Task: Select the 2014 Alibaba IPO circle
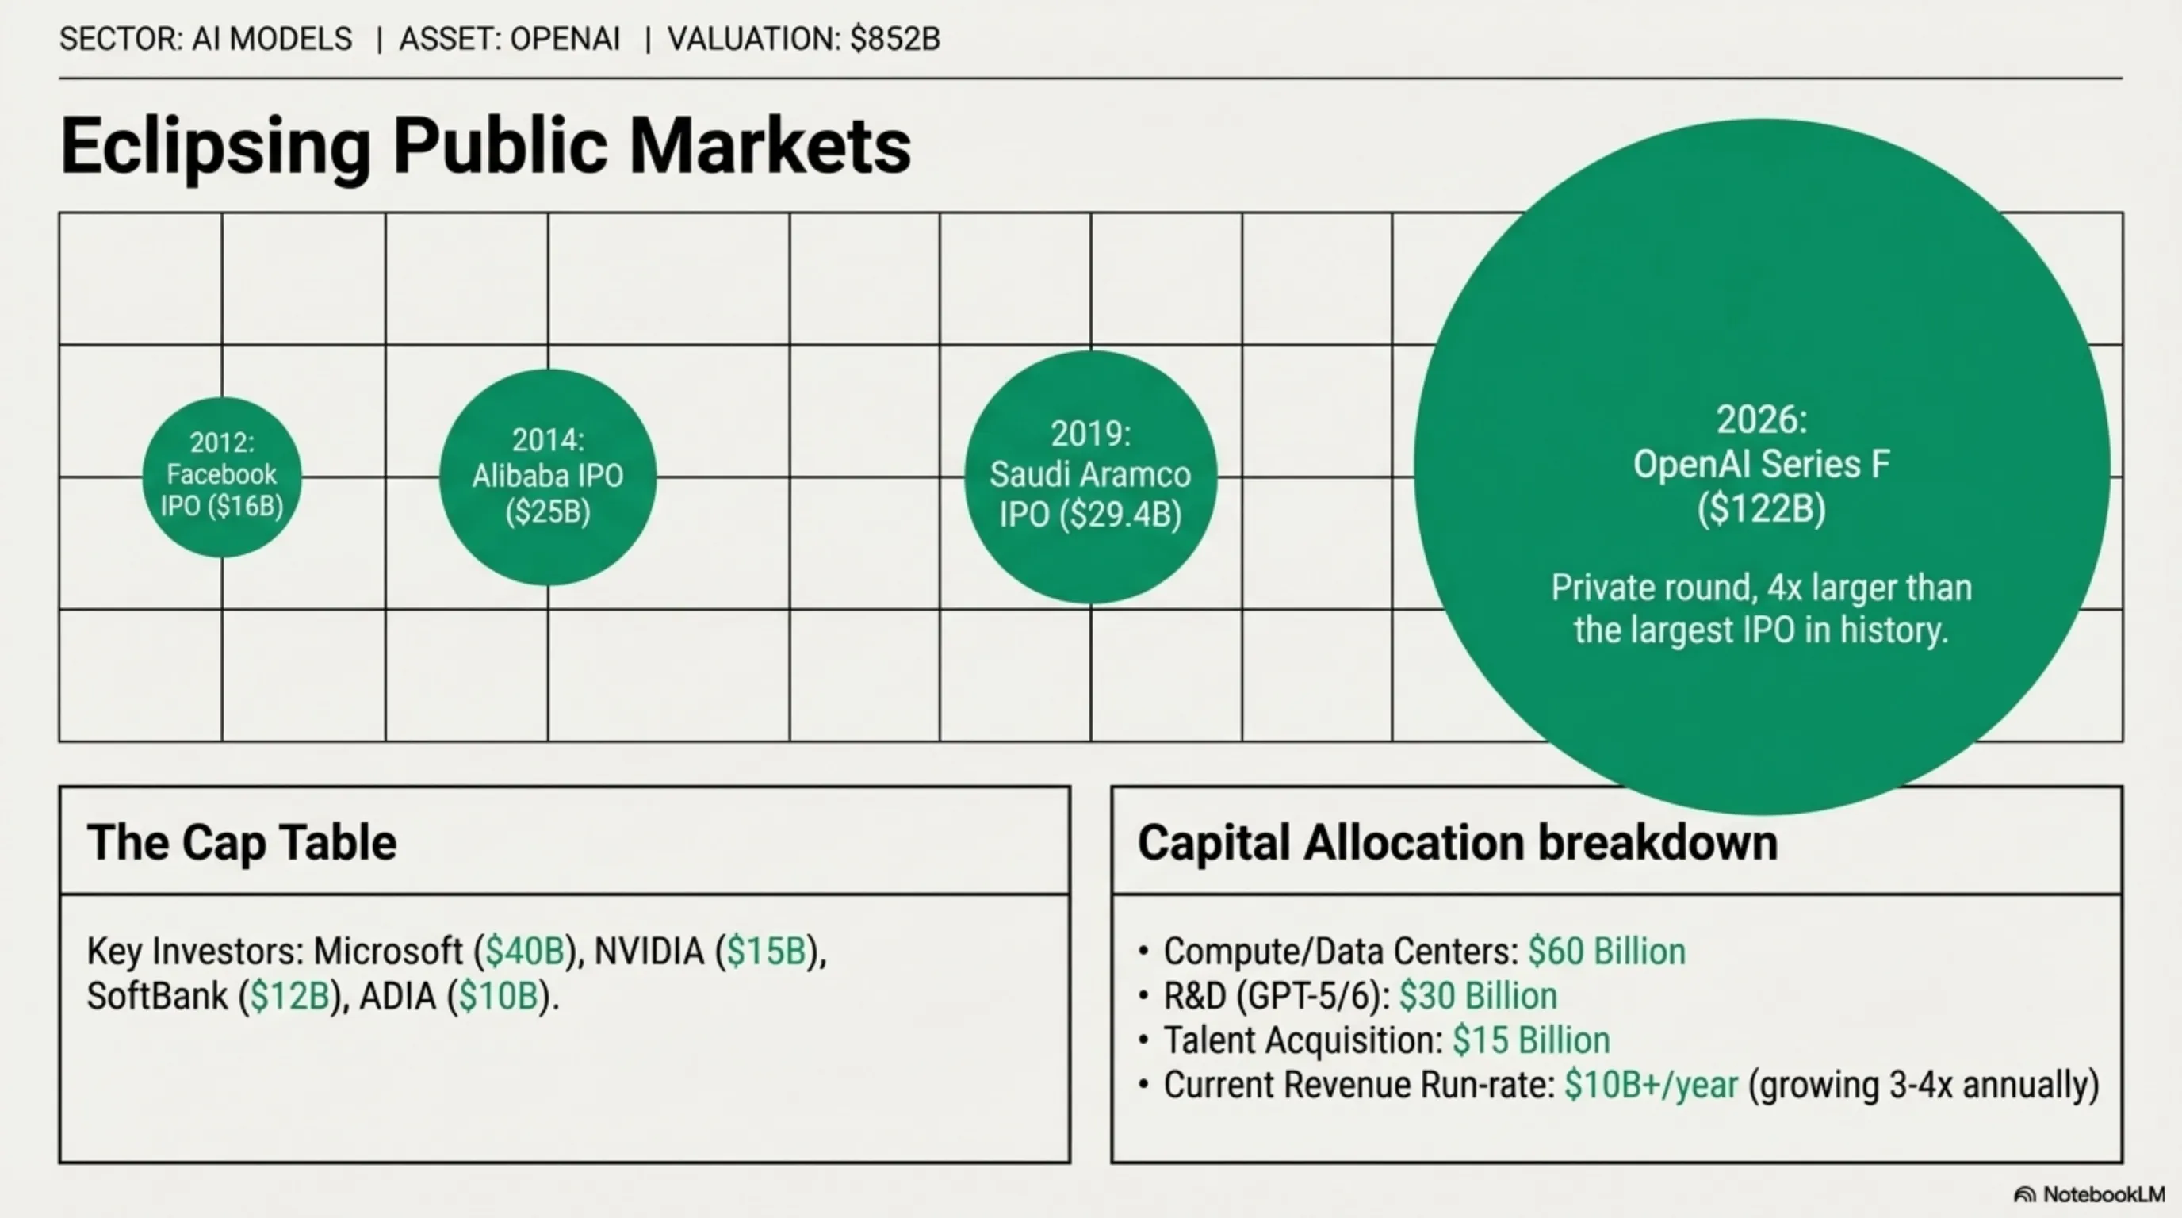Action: click(x=547, y=476)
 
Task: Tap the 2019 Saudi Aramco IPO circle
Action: click(x=1090, y=476)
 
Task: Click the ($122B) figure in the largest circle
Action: click(x=1761, y=509)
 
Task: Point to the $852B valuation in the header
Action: click(x=894, y=39)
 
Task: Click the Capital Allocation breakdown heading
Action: click(x=1457, y=842)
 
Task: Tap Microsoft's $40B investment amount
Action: click(x=525, y=952)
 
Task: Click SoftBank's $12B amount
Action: click(x=290, y=996)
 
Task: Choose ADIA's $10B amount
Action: click(x=499, y=996)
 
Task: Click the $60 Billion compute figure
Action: click(x=1606, y=952)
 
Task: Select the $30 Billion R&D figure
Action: click(x=1478, y=996)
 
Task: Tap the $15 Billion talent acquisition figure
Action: click(x=1530, y=1040)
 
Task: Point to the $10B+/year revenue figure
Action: click(x=1651, y=1085)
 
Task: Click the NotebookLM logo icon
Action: click(x=2024, y=1194)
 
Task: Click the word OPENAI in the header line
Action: click(x=565, y=39)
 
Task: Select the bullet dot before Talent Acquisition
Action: click(x=1143, y=1040)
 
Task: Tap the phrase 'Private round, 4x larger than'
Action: click(x=1761, y=587)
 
